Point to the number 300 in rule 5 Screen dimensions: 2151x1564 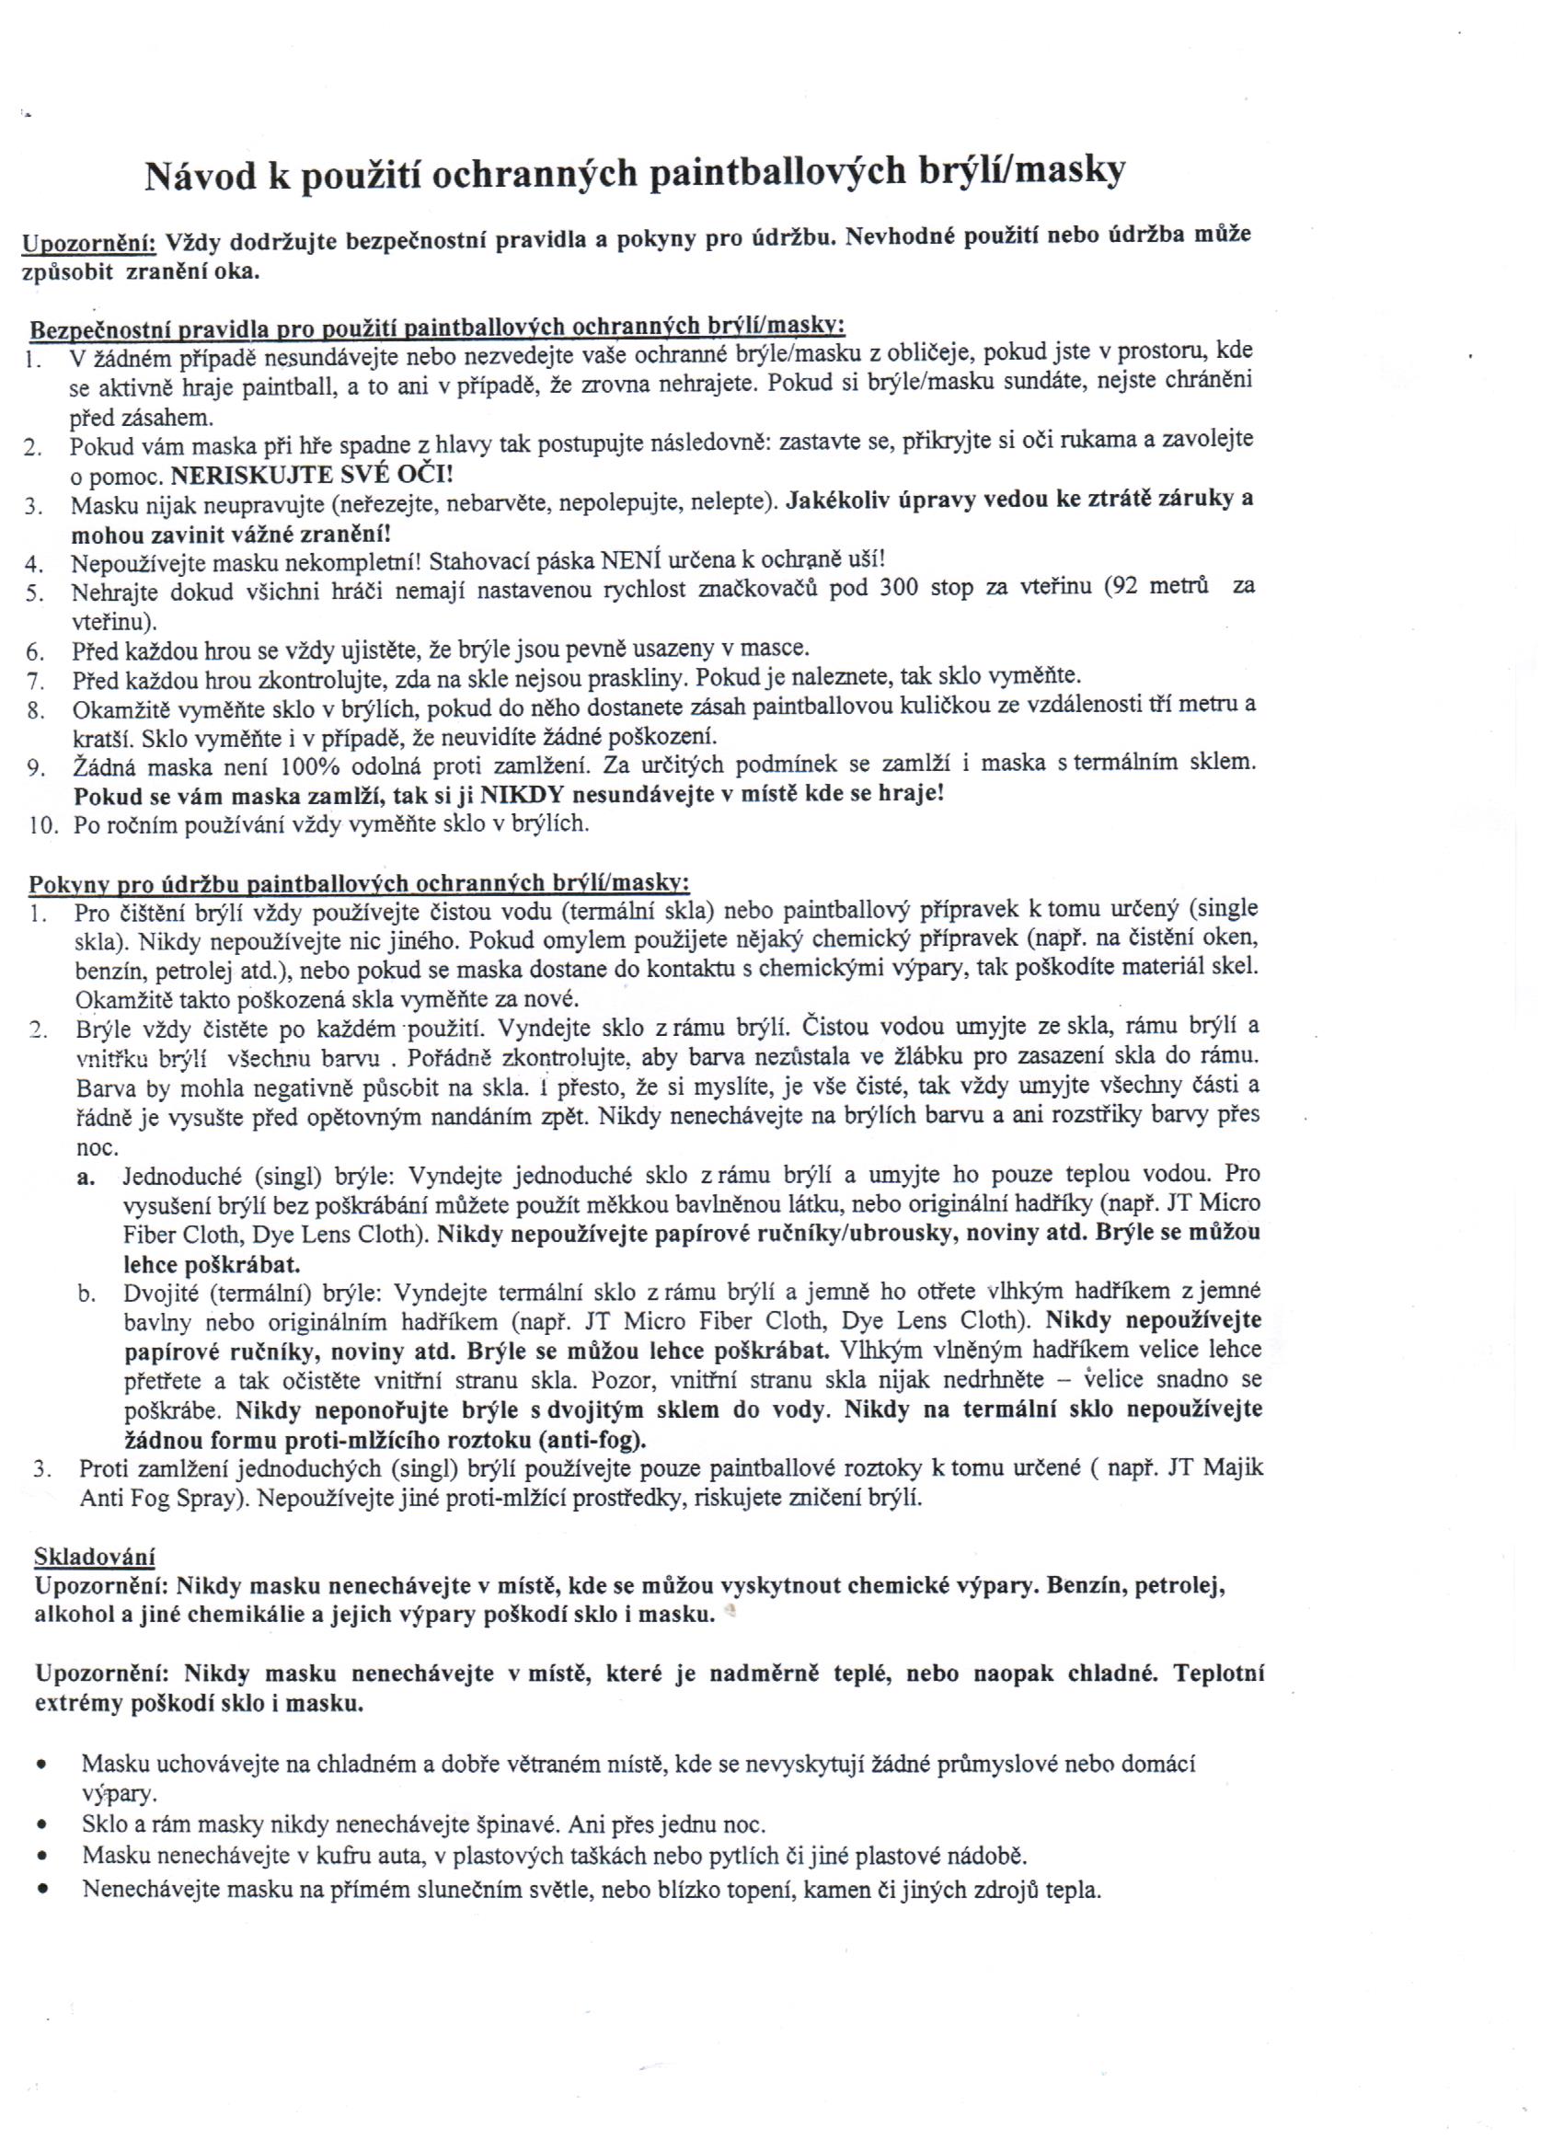pyautogui.click(x=899, y=588)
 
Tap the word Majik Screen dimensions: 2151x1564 pyautogui.click(x=1232, y=1469)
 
